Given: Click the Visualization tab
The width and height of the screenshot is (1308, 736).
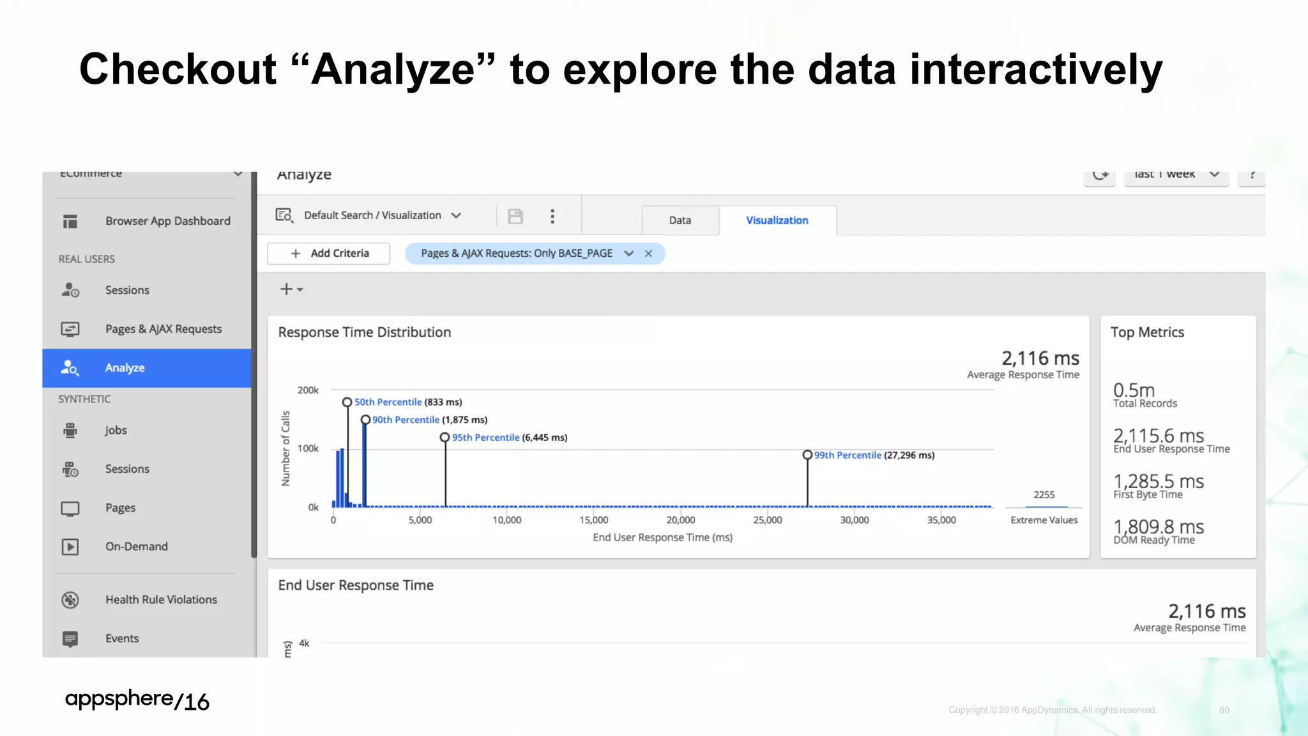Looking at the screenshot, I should coord(777,220).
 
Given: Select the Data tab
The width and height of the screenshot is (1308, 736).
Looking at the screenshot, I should coord(680,220).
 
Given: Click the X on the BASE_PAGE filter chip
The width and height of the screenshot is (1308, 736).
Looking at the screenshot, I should coord(648,254).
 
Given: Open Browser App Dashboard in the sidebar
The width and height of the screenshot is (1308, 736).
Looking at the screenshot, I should coord(167,221).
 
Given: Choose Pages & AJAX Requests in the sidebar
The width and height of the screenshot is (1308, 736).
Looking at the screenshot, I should coord(163,329).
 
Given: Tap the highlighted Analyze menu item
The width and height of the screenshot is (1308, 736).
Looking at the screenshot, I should coord(125,368).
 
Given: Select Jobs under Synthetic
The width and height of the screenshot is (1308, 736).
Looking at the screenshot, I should coord(116,430).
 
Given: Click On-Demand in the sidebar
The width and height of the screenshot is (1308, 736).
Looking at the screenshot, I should coord(136,546).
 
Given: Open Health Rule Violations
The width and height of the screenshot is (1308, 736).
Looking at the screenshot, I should coord(161,599).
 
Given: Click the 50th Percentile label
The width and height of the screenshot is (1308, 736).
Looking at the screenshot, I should coord(388,402).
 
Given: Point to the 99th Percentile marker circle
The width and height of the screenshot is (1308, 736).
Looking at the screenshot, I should coord(807,455).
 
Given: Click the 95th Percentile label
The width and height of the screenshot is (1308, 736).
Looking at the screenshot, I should coord(485,438).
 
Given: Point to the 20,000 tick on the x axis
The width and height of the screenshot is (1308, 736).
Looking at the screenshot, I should coord(681,520).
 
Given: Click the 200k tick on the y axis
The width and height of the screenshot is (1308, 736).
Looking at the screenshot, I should coord(308,390).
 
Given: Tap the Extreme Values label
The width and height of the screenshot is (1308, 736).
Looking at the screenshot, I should coord(1044,520).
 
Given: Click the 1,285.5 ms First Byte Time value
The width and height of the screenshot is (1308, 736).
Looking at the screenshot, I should coord(1158,481).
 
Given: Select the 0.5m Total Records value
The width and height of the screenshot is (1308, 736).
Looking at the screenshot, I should coord(1134,390).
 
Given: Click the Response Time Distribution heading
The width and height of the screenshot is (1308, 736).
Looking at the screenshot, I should coord(364,332).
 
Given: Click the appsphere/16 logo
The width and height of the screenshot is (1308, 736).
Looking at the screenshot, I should coord(137,700).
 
